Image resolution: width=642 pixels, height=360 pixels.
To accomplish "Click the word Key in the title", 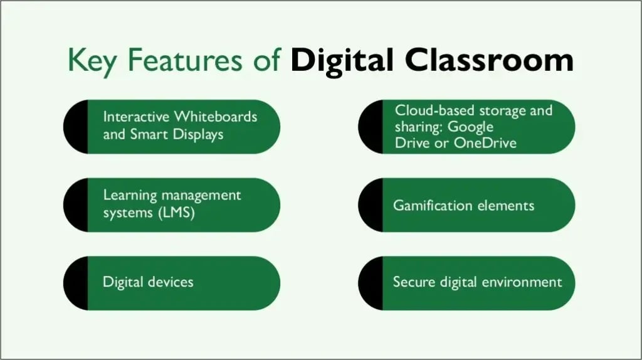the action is [x=92, y=61].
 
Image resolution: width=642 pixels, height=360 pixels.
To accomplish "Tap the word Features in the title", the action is [x=185, y=60].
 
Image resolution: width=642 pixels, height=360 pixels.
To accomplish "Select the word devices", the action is [x=171, y=282].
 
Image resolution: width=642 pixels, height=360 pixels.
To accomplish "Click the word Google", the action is [x=470, y=127].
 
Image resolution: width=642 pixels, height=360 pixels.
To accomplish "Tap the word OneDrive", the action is [x=485, y=143].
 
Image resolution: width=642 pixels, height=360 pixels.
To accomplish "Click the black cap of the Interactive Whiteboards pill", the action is [x=77, y=127].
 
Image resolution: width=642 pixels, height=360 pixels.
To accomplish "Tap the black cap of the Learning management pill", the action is [x=77, y=205].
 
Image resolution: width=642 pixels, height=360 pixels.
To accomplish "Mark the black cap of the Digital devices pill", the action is [x=77, y=283].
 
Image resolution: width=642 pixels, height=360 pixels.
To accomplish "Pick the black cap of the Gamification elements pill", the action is [x=372, y=205].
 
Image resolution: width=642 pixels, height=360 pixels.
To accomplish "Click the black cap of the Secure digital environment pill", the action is [x=372, y=283].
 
